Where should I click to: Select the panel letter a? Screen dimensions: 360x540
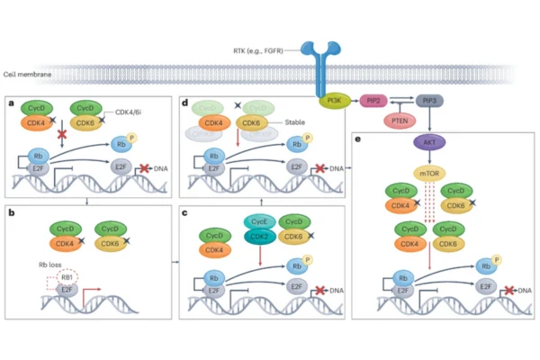pos(11,104)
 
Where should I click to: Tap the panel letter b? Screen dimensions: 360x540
pos(11,213)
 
